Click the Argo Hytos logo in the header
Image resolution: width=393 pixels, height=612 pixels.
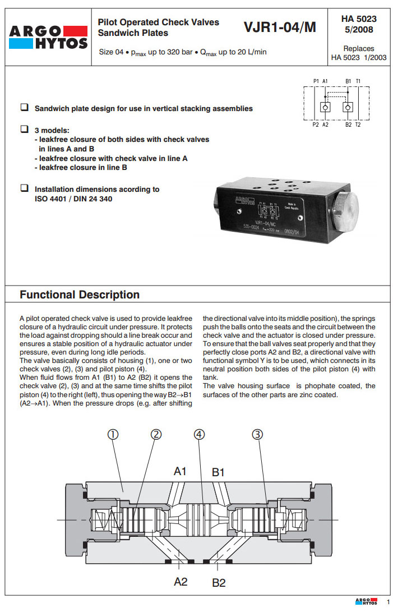coord(49,36)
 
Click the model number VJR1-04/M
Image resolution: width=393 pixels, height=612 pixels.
coord(280,27)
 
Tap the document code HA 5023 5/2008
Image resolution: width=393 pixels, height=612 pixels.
coord(359,24)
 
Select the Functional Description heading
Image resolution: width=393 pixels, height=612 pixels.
coord(80,295)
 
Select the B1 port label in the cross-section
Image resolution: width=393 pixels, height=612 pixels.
coord(218,472)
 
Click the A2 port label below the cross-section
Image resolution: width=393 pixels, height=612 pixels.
coord(181,582)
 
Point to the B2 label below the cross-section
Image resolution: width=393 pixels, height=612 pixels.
coord(219,583)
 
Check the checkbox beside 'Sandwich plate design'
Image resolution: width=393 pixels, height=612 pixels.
coord(25,107)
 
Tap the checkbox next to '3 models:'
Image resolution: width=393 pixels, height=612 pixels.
coord(25,128)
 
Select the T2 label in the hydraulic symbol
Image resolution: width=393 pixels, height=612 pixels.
coord(358,125)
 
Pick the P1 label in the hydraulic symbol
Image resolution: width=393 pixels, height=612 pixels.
coord(316,81)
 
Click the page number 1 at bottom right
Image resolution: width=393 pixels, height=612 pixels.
coord(387,602)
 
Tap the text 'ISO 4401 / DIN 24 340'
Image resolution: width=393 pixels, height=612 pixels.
coord(73,199)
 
